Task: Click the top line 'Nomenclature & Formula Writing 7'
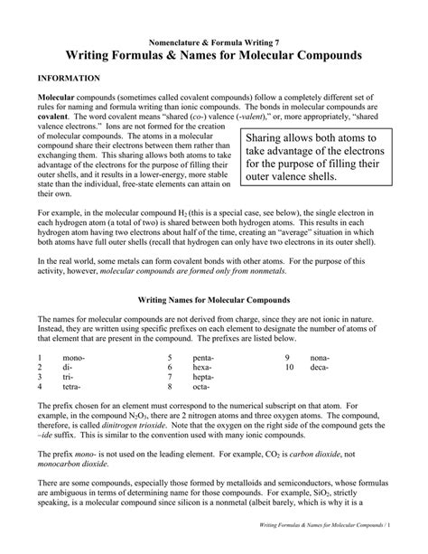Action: pos(213,42)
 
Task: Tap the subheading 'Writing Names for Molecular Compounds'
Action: pos(213,297)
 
